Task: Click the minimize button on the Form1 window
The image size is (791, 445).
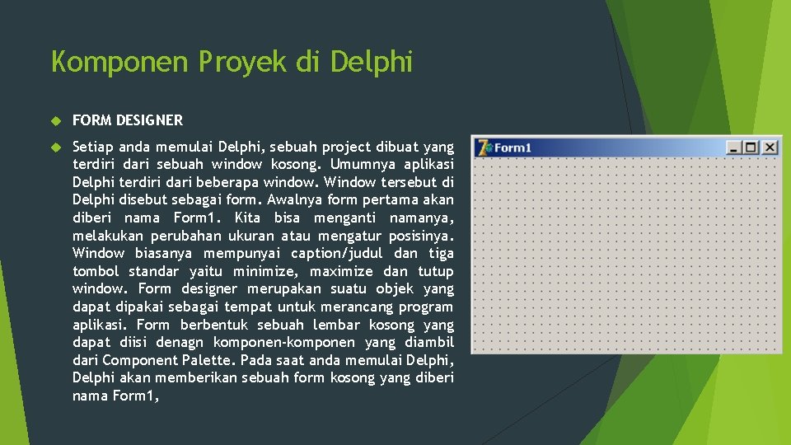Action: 733,148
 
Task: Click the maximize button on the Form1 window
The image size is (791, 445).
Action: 751,148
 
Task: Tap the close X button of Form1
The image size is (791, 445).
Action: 769,148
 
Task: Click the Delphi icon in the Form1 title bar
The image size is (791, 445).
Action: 484,148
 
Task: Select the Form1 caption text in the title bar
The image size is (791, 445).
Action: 513,148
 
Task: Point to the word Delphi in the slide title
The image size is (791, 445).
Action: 371,62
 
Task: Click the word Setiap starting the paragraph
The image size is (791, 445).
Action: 93,148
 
